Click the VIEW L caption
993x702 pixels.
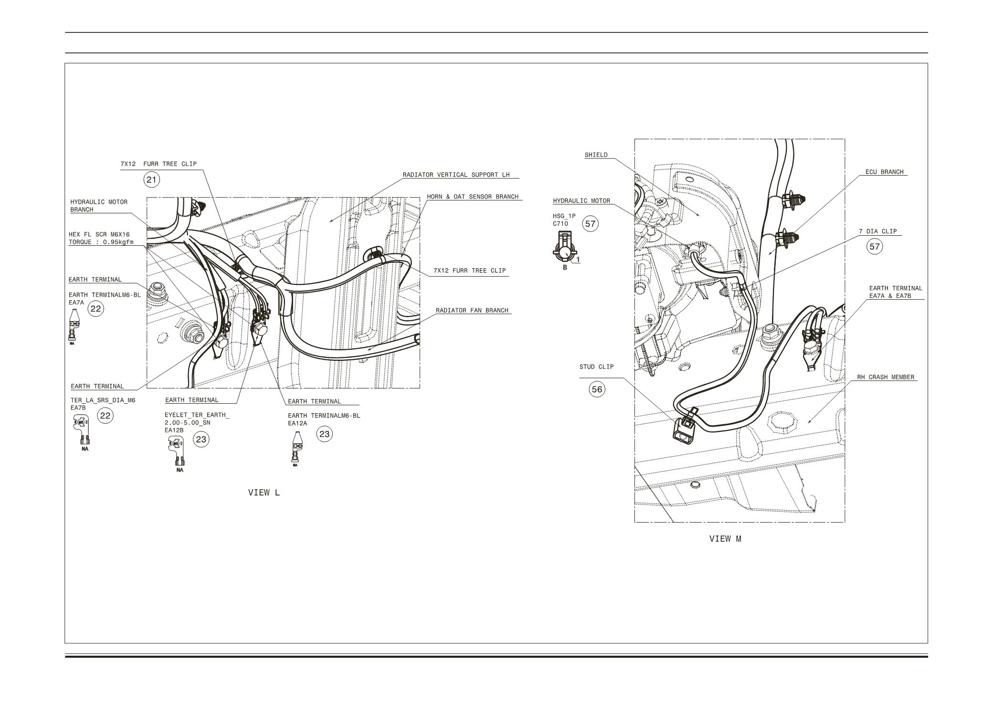pyautogui.click(x=264, y=492)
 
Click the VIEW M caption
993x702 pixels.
pyautogui.click(x=725, y=539)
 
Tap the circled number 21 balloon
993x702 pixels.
pyautogui.click(x=152, y=180)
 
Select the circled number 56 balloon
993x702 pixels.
pyautogui.click(x=597, y=389)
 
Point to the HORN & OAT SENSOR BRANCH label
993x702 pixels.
pyautogui.click(x=472, y=197)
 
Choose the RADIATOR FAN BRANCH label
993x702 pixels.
pyautogui.click(x=472, y=310)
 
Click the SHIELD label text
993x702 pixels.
pyautogui.click(x=596, y=155)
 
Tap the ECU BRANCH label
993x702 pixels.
pyautogui.click(x=884, y=172)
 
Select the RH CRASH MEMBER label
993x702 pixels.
pyautogui.click(x=885, y=377)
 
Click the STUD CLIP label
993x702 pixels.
pyautogui.click(x=596, y=367)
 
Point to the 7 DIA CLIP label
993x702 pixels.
pyautogui.click(x=877, y=231)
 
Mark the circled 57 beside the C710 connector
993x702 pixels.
pyautogui.click(x=591, y=223)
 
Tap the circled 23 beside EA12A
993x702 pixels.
pyautogui.click(x=324, y=434)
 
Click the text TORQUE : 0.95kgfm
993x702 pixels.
pyautogui.click(x=101, y=242)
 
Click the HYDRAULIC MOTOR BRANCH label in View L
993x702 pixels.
pyautogui.click(x=99, y=206)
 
